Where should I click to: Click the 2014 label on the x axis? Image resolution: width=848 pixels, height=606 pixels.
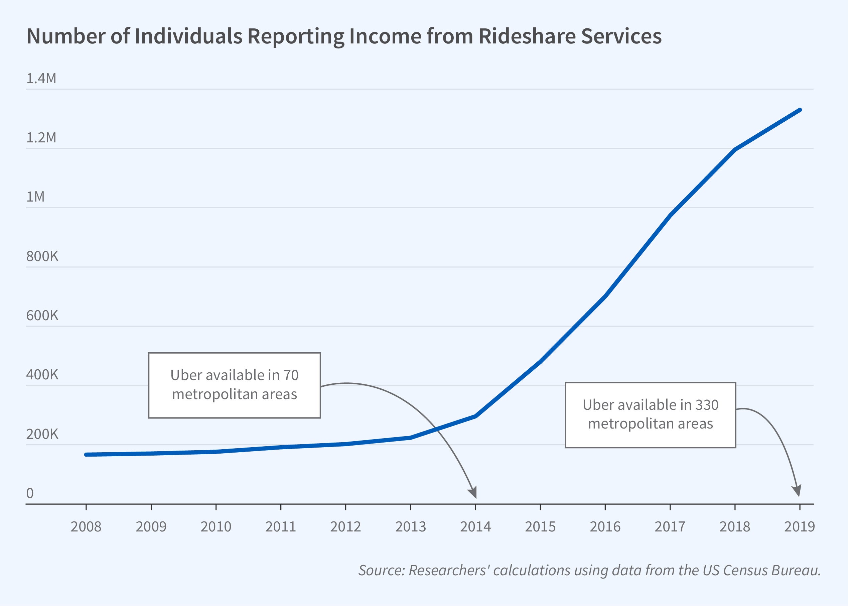coord(475,526)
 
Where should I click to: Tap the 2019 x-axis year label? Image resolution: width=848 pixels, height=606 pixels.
coord(799,526)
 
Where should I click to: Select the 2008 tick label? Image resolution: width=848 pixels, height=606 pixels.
coord(86,526)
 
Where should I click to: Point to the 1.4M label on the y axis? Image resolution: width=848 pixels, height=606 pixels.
coord(41,78)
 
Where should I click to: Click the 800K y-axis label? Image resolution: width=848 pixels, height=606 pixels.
coord(42,256)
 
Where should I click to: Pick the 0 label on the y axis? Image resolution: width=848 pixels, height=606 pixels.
coord(30,493)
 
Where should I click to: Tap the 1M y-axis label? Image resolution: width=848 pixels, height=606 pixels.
coord(35,197)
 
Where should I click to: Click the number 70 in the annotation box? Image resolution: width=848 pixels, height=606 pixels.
coord(291,375)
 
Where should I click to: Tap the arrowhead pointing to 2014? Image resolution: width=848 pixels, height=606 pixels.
coord(473,493)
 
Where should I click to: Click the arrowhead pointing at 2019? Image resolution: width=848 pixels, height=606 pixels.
coord(797,492)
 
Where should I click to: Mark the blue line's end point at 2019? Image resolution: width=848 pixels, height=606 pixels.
coord(800,110)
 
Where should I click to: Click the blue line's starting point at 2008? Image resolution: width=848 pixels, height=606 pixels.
coord(86,455)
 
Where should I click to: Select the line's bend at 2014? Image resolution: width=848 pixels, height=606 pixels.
coord(475,416)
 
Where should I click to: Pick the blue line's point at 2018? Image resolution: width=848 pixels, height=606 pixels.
coord(735,150)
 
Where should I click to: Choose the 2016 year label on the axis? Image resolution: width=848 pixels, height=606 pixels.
coord(605,526)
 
